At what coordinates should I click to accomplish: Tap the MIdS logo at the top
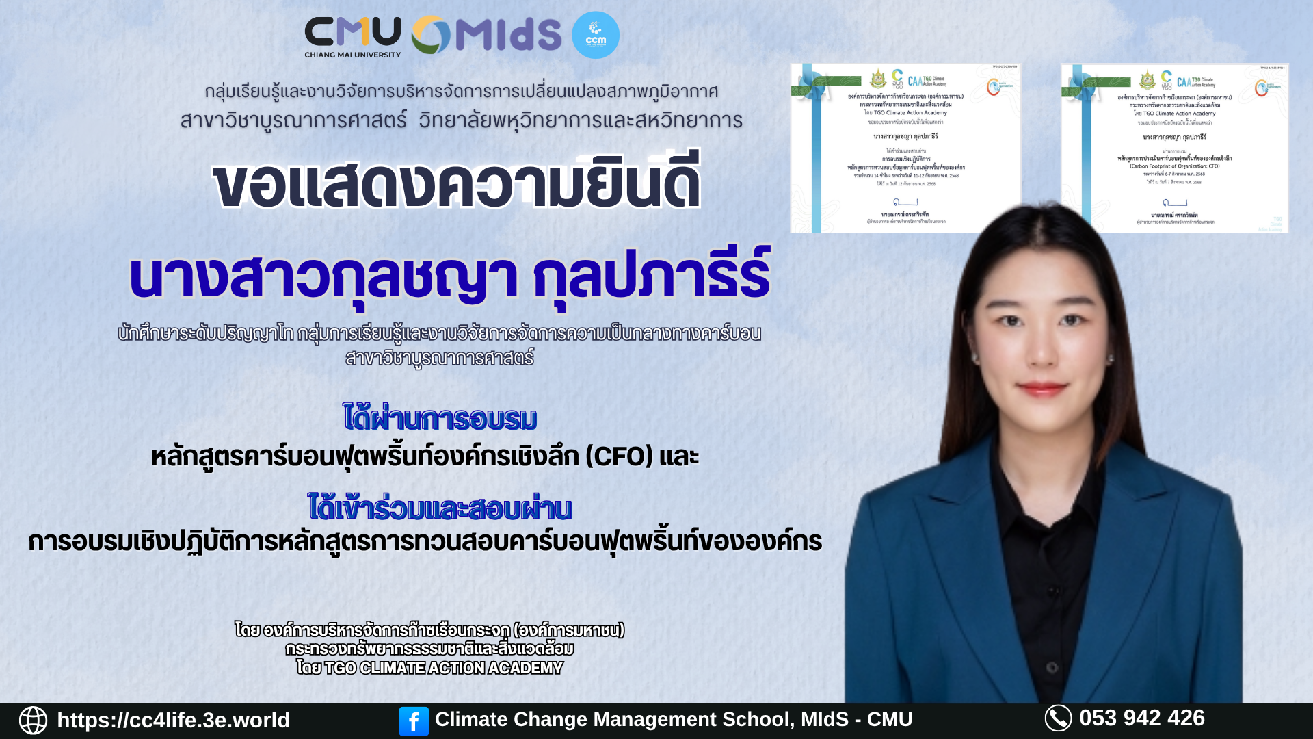pos(486,35)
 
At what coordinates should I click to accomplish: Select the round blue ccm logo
pos(595,35)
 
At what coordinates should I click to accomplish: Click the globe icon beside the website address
pos(33,720)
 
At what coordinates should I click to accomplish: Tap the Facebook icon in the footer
pos(414,721)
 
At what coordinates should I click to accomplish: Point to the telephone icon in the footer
pos(1058,718)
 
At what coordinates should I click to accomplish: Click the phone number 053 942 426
pos(1141,718)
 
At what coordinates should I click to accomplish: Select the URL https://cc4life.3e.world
pos(173,720)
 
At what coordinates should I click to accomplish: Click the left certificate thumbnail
pos(905,148)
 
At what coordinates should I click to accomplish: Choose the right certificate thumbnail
pos(1174,148)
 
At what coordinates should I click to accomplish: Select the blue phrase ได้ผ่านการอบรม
pos(440,418)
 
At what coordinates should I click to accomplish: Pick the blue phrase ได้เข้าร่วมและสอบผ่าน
pos(440,508)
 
